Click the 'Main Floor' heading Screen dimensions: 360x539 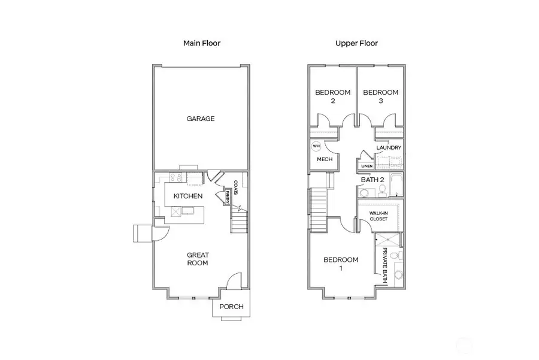(x=201, y=44)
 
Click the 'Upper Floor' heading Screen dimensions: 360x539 (x=356, y=44)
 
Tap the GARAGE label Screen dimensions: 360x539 (x=200, y=119)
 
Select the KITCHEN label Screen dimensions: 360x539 (x=188, y=196)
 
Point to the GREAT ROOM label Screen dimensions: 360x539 (x=197, y=259)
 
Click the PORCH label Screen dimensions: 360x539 (x=231, y=307)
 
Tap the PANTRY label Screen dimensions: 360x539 (x=228, y=196)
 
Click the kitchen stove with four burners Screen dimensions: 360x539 (x=177, y=177)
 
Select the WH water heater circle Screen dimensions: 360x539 (x=316, y=146)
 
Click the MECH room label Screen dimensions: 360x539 (x=324, y=159)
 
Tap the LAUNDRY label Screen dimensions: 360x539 (x=389, y=148)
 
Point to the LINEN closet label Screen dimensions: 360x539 (x=367, y=166)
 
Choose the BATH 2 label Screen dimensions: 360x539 (x=372, y=179)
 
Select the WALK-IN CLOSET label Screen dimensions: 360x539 (x=378, y=216)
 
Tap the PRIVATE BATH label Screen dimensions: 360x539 (x=385, y=265)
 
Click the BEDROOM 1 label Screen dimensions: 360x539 (x=341, y=264)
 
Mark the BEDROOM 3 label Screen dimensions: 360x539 (x=380, y=96)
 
